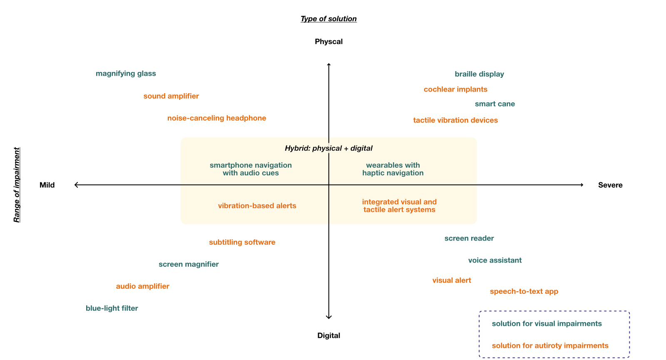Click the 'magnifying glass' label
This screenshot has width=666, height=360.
pos(126,74)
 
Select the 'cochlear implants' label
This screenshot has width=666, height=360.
pos(455,89)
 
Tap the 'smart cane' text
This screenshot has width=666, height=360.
pos(495,104)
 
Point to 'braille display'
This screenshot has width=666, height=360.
pos(479,74)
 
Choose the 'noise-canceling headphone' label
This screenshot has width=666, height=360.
pos(216,118)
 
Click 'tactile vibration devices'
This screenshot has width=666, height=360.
pos(455,120)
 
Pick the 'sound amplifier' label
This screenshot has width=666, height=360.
pos(171,96)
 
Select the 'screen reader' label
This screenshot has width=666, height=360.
pos(469,238)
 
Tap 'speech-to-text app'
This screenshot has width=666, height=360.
pos(524,291)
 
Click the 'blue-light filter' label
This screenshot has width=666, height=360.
pos(112,308)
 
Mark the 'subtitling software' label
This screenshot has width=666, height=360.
pos(242,242)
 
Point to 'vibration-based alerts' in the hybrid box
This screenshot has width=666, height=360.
pos(257,206)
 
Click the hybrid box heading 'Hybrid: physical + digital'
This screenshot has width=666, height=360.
pos(328,148)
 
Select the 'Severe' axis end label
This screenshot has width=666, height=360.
pos(610,185)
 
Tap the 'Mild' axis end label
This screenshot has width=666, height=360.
pos(47,185)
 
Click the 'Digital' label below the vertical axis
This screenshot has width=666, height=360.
pos(328,335)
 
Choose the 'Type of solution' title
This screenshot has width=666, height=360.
pos(328,19)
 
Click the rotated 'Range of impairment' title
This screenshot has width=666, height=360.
pos(17,185)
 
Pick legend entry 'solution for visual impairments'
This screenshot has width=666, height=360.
pos(547,324)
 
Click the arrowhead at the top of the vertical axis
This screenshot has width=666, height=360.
pos(329,65)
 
